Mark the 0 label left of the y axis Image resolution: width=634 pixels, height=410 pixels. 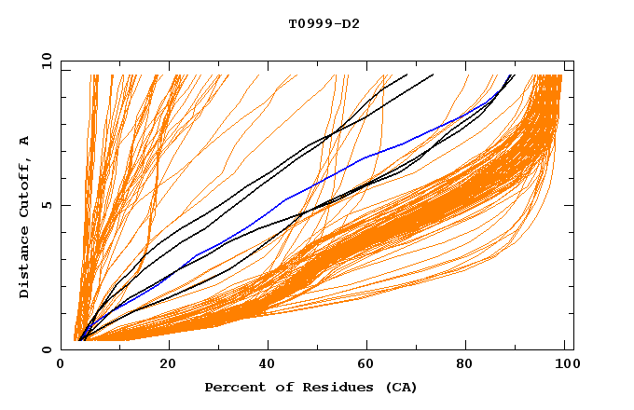pyautogui.click(x=47, y=349)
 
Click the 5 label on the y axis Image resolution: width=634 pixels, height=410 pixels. pyautogui.click(x=47, y=205)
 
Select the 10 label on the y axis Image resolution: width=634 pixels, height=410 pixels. pyautogui.click(x=43, y=61)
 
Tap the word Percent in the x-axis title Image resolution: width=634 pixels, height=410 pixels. pyautogui.click(x=233, y=387)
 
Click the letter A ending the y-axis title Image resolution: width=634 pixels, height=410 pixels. pyautogui.click(x=24, y=141)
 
